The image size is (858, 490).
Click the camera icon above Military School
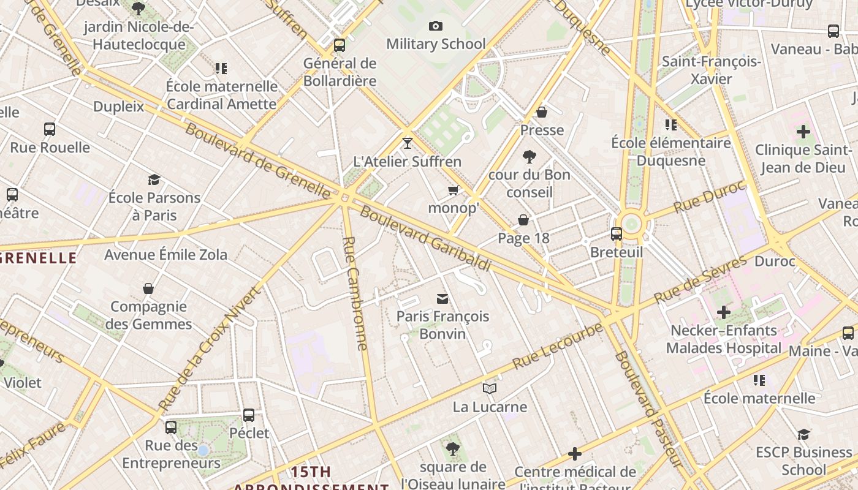point(436,26)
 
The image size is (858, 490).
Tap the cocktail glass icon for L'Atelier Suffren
point(408,143)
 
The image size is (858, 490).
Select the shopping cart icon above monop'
point(454,190)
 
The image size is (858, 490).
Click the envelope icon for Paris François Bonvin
point(442,298)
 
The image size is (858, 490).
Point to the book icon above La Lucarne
point(489,388)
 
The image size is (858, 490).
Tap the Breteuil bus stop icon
point(617,233)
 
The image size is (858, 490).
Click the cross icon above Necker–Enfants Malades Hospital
point(724,312)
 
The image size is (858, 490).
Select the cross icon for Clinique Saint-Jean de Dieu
point(803,132)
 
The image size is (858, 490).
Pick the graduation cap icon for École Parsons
point(154,179)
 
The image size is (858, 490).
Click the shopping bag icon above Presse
point(542,112)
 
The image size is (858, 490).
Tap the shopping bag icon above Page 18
point(523,220)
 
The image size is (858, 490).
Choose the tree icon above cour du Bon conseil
point(530,157)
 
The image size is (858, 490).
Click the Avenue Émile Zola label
point(165,254)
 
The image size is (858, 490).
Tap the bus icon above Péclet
point(249,415)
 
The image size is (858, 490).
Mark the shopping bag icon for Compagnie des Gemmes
point(148,288)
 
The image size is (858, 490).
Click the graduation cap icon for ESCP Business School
point(803,434)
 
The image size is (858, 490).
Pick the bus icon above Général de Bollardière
point(340,45)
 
